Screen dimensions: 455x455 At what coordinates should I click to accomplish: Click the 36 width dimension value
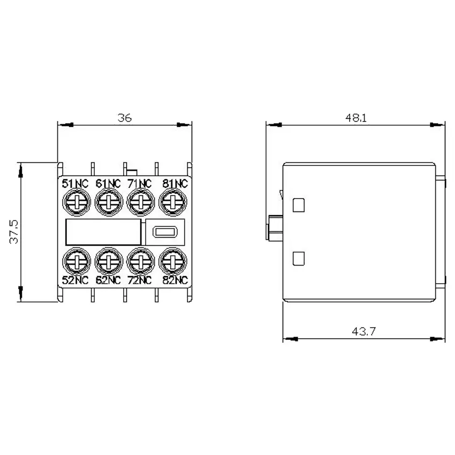[x=125, y=118]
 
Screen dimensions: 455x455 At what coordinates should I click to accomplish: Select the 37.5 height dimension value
[x=13, y=232]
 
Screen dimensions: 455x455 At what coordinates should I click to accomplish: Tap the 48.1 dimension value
[x=356, y=118]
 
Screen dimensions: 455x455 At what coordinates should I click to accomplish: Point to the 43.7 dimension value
[x=363, y=331]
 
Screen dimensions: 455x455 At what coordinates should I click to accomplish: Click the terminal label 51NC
[x=75, y=184]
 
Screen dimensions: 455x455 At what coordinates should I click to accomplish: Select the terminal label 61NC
[x=108, y=184]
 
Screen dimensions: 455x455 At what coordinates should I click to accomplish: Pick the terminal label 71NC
[x=140, y=184]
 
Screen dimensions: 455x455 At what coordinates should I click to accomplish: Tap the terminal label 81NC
[x=175, y=184]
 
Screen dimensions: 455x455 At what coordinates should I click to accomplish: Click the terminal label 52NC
[x=75, y=280]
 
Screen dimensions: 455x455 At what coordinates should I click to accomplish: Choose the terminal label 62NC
[x=108, y=280]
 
